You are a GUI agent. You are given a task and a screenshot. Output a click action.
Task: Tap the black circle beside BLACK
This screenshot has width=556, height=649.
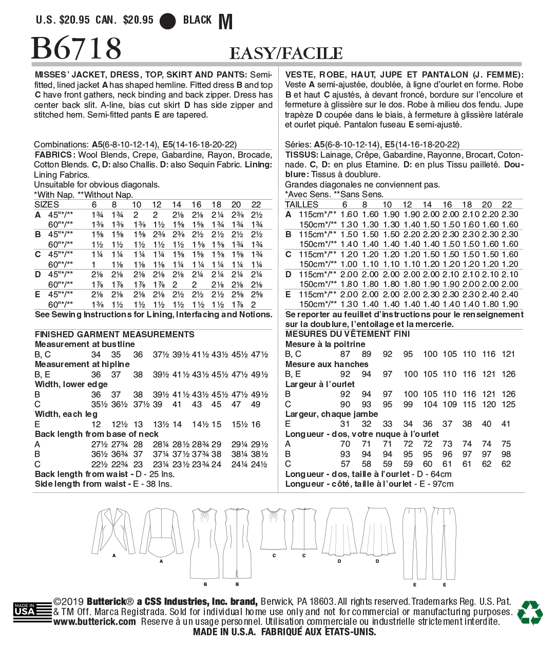point(168,21)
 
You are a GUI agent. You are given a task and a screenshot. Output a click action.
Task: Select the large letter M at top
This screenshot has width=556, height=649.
point(225,22)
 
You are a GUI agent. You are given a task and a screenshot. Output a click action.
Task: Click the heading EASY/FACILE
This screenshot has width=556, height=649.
point(285,53)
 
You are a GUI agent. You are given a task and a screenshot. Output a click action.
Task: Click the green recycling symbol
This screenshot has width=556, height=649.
point(529,612)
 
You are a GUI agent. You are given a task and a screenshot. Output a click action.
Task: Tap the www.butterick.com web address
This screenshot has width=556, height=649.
point(95,622)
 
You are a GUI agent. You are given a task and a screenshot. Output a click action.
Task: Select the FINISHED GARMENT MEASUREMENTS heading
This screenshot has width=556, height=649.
point(114,334)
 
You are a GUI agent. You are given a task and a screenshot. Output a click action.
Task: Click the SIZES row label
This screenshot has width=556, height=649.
point(47,204)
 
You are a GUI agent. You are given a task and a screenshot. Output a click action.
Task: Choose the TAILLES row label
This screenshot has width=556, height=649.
point(301,204)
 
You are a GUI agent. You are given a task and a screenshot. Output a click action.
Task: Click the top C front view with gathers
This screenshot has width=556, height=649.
point(274,529)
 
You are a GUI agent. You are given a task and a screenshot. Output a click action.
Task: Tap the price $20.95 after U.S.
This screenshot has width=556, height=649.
point(75,20)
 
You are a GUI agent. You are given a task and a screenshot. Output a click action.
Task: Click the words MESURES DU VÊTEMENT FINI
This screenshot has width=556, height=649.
point(348,334)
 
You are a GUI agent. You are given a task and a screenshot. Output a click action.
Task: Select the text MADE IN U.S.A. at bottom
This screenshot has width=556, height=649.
point(224,632)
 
